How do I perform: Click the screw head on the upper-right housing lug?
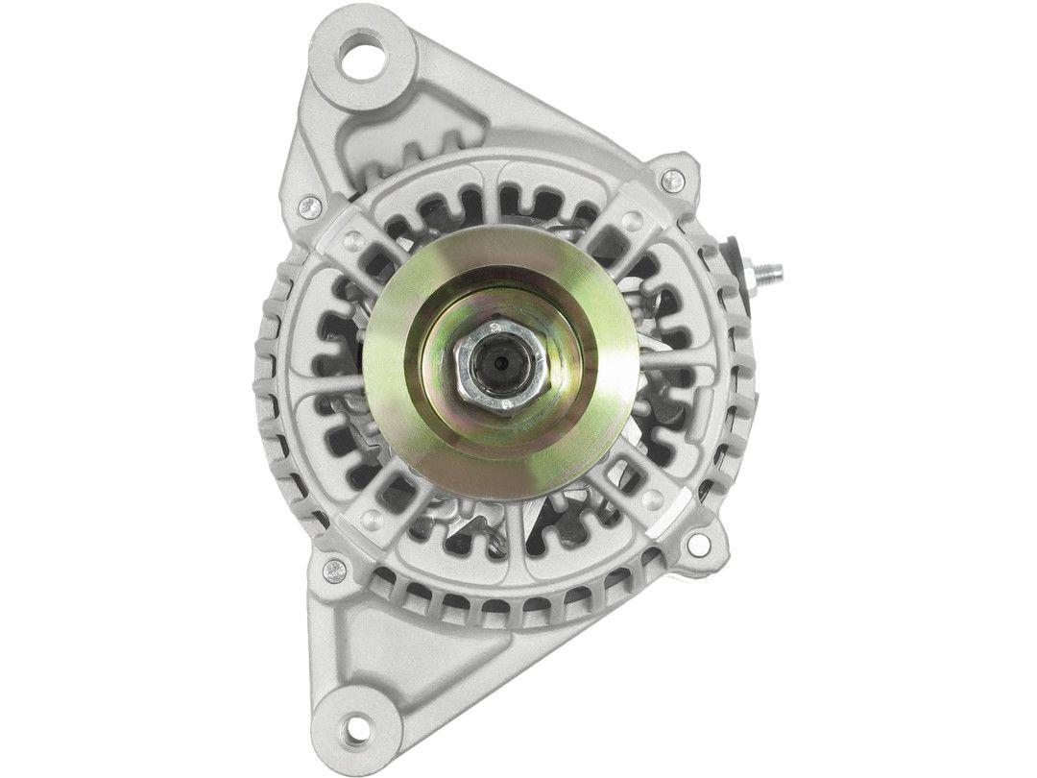click(x=673, y=179)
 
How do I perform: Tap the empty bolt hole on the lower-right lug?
click(x=698, y=545)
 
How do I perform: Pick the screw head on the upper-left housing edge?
click(x=309, y=205)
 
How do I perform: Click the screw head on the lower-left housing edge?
click(x=334, y=570)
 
